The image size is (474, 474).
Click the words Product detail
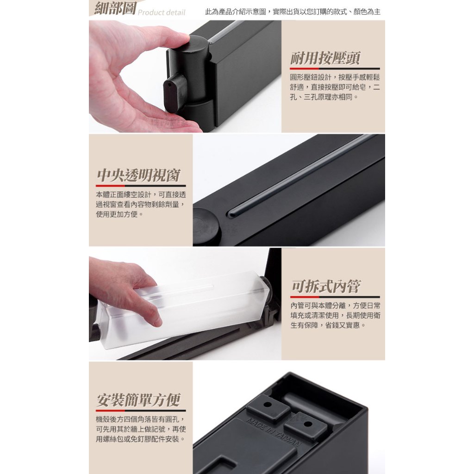pyautogui.click(x=162, y=12)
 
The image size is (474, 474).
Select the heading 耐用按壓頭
pyautogui.click(x=325, y=58)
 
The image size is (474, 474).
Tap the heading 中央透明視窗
pyautogui.click(x=138, y=175)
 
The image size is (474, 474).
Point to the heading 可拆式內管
pyautogui.click(x=326, y=286)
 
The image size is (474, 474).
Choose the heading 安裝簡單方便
pyautogui.click(x=138, y=400)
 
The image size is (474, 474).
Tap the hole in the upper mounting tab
pyautogui.click(x=267, y=404)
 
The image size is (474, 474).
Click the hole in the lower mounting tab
pyautogui.click(x=307, y=424)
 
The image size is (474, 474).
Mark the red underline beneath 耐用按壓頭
pyautogui.click(x=305, y=69)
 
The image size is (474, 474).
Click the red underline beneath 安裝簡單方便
pyautogui.click(x=110, y=411)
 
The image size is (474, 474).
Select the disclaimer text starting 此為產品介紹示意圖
pyautogui.click(x=293, y=12)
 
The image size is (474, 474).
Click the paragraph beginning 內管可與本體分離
pyautogui.click(x=335, y=315)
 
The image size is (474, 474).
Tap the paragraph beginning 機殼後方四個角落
pyautogui.click(x=141, y=429)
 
